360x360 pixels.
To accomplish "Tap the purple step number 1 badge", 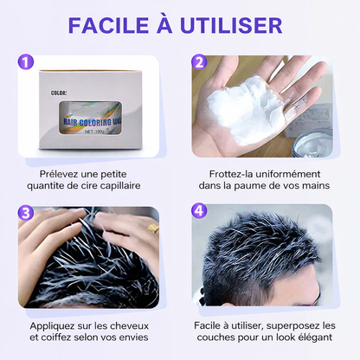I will (27, 64).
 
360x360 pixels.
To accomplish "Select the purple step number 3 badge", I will (27, 212).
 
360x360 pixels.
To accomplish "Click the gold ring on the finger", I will (151, 253).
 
